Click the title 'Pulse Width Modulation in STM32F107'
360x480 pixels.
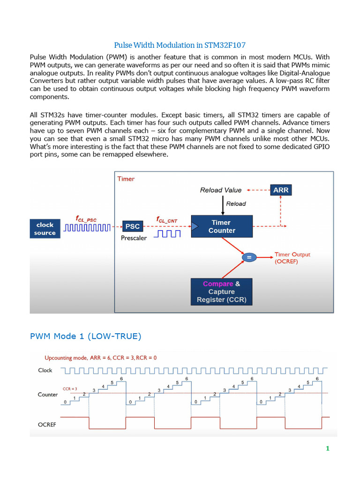[x=180, y=45]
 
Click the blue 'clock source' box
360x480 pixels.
[x=45, y=229]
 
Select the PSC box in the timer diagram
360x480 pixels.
[x=133, y=226]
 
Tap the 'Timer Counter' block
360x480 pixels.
[x=222, y=226]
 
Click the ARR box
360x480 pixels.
[x=281, y=190]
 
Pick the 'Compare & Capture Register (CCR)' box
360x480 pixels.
[x=222, y=292]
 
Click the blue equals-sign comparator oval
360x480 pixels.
[x=249, y=257]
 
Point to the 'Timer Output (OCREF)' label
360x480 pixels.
[x=292, y=258]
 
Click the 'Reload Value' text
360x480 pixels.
[x=221, y=190]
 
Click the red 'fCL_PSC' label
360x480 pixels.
[x=86, y=219]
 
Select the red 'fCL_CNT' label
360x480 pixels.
[x=167, y=219]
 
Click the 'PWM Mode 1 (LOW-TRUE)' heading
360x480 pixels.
[x=85, y=336]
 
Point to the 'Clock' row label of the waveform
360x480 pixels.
[x=45, y=370]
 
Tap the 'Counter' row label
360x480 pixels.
[x=48, y=395]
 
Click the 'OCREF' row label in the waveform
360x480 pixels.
[x=47, y=425]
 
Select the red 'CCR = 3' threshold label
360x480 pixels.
[x=70, y=389]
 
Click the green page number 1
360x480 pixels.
[x=328, y=449]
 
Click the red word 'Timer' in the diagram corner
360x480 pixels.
[x=126, y=179]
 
